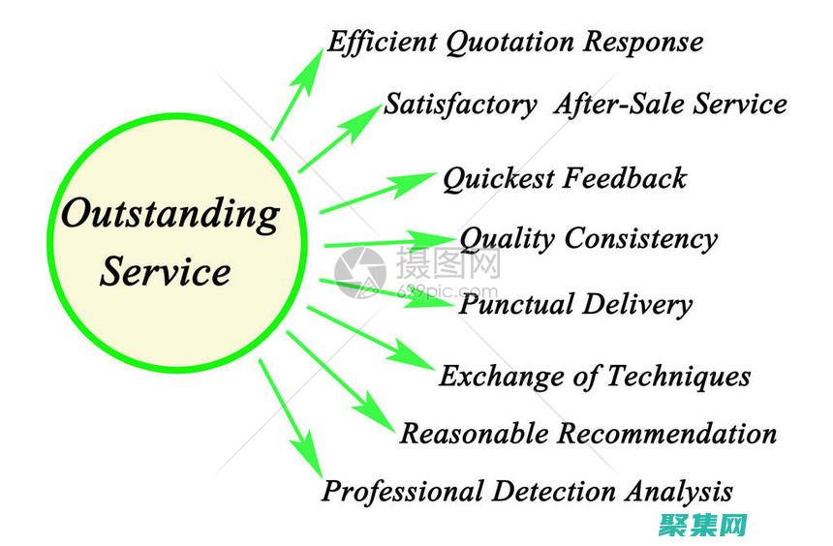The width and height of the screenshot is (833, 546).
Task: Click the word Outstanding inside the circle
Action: (170, 214)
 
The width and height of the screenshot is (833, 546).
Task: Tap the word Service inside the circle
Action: (166, 271)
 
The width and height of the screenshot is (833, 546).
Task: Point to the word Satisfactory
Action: (460, 104)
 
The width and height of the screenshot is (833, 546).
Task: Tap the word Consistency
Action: (641, 239)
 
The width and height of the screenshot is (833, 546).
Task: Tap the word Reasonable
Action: (475, 433)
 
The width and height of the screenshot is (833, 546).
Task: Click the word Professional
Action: (401, 491)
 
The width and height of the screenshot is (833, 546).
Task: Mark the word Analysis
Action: (678, 491)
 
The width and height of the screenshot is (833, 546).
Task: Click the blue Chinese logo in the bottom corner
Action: (703, 524)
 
